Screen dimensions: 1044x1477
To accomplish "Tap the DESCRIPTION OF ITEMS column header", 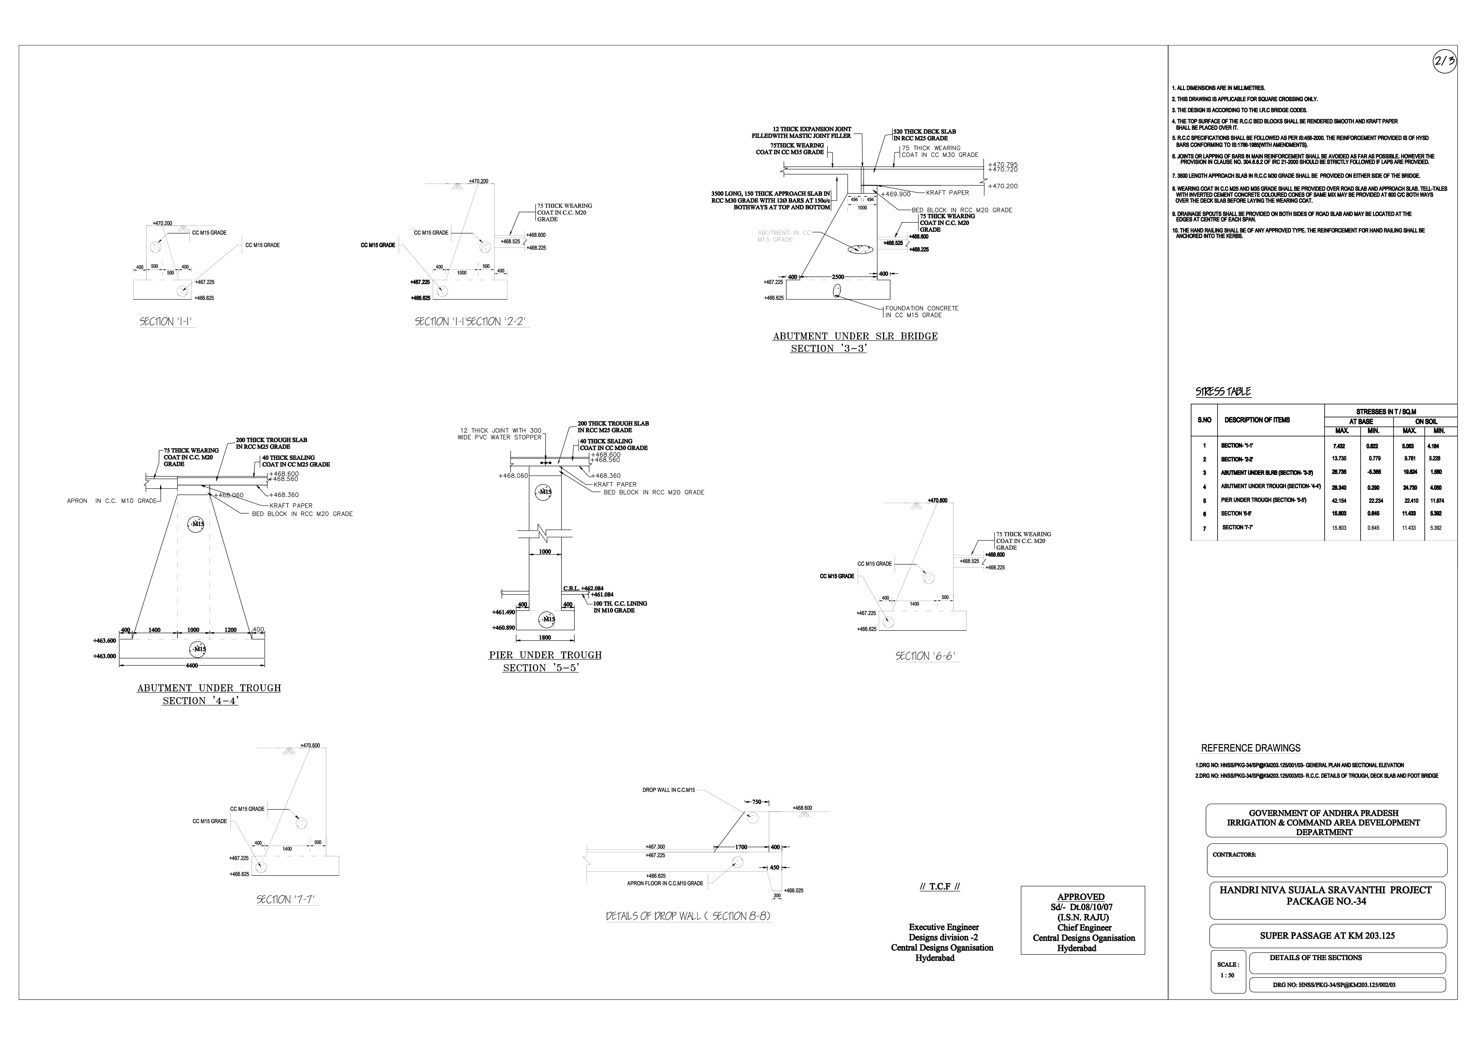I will pyautogui.click(x=1256, y=420).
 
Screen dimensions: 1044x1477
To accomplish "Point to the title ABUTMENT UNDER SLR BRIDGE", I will pyautogui.click(x=855, y=336).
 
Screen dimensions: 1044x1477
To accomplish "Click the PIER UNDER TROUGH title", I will pyautogui.click(x=545, y=655).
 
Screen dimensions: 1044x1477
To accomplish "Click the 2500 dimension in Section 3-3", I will pyautogui.click(x=838, y=277).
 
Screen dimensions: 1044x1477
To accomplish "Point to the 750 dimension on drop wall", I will pyautogui.click(x=756, y=802).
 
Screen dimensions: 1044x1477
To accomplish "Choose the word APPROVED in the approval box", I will pyautogui.click(x=1081, y=897).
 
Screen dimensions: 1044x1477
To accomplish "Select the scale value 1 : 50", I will pyautogui.click(x=1227, y=975).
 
